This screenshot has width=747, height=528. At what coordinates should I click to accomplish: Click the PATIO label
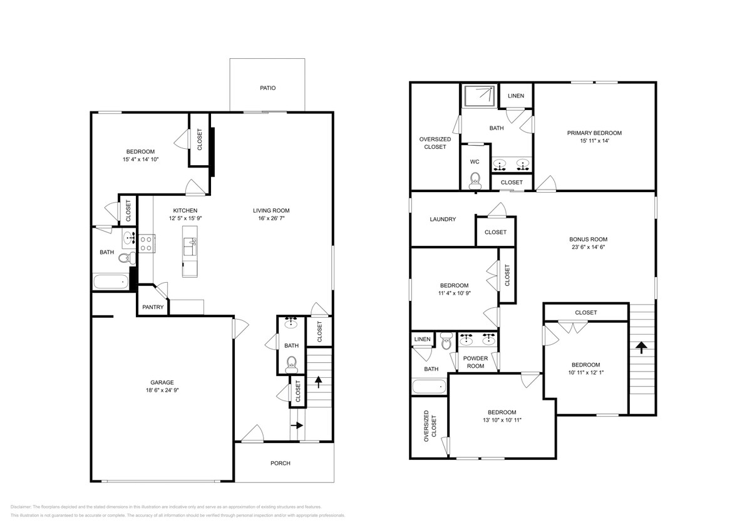pos(267,88)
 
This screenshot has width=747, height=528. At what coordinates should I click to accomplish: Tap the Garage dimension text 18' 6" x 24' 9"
pos(162,390)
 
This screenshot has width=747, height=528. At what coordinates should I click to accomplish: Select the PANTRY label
pos(153,307)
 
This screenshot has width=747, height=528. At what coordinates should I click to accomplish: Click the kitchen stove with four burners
pos(147,243)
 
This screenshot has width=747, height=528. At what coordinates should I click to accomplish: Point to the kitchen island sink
pos(193,242)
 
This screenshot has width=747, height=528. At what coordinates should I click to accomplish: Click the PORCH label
pos(280,463)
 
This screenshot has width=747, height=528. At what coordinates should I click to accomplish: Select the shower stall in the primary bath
pos(478,96)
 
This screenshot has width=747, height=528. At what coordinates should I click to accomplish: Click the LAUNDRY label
pos(443,220)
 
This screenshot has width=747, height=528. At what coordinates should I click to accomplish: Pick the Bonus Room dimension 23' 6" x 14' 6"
pos(588,247)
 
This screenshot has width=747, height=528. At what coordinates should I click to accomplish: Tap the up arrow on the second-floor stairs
pos(641,348)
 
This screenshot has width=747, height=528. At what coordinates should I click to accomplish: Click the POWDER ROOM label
pos(475,362)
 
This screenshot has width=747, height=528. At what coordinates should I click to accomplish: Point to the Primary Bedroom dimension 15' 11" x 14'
pos(594,141)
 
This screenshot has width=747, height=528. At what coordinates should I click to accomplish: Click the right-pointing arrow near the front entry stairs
pos(297,426)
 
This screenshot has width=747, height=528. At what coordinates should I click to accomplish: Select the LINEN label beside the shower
pos(516,96)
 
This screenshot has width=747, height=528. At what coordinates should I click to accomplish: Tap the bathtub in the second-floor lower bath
pos(429,387)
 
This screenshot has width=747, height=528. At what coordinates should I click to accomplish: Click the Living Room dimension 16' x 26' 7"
pos(271,219)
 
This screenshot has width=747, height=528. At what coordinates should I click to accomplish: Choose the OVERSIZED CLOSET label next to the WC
pos(433,143)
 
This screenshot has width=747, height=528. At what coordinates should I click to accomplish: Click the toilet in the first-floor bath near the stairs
pos(291,363)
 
